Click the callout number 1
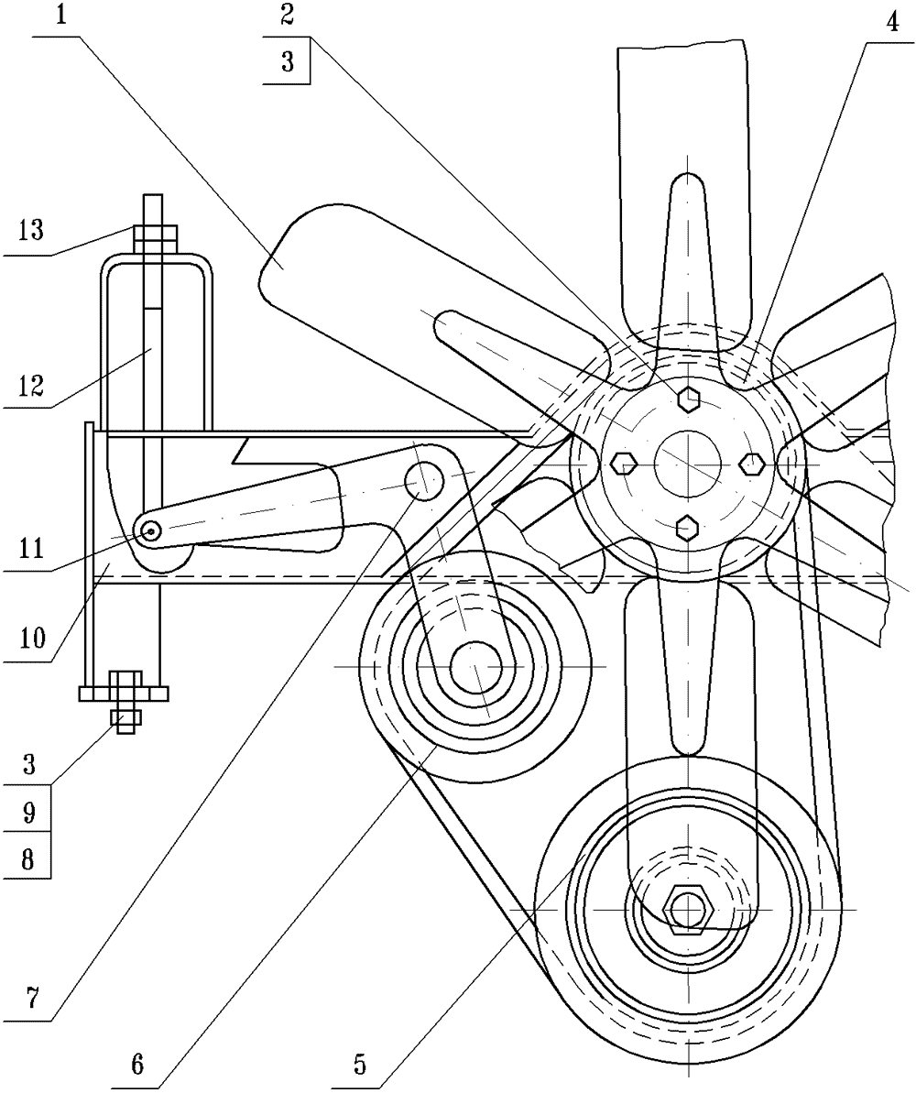tap(62, 16)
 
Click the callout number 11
tap(28, 548)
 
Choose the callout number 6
tap(137, 1064)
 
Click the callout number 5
tap(360, 1064)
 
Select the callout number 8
tap(27, 858)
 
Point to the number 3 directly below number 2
tap(288, 62)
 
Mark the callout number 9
tap(27, 813)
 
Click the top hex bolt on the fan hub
tap(688, 399)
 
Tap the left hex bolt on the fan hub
tap(623, 463)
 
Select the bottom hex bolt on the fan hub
tap(688, 528)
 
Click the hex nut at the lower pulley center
tap(689, 909)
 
